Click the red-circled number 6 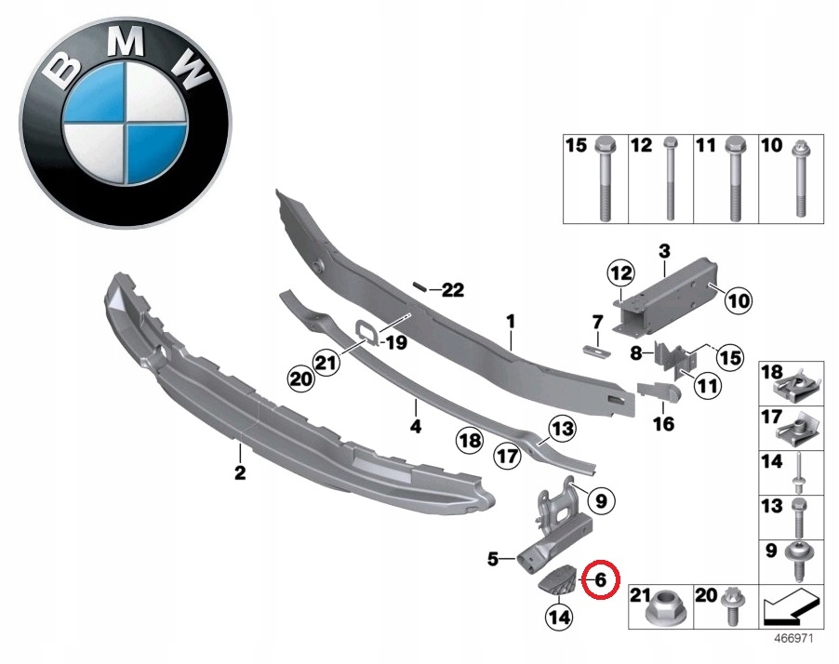(600, 579)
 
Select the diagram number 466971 (794, 639)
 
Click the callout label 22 (452, 290)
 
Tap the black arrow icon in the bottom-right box (791, 605)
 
